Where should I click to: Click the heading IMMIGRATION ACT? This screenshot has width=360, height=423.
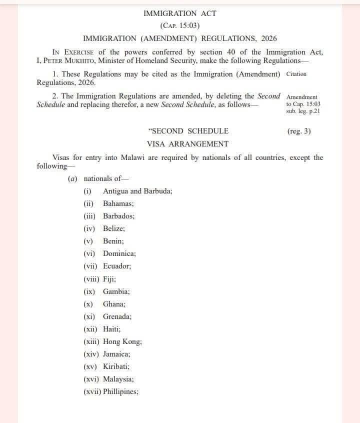[180, 13]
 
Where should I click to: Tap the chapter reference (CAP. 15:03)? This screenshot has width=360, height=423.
[180, 25]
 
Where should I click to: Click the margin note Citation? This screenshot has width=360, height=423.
[296, 74]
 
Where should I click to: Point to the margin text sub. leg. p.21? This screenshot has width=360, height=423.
[303, 111]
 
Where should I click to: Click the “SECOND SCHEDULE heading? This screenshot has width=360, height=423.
[188, 131]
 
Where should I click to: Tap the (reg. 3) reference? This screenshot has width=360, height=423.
[299, 131]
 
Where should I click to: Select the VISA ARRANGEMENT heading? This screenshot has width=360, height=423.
[187, 144]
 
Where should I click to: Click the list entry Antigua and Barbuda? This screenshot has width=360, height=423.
[137, 191]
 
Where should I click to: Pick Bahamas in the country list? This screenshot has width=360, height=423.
[118, 203]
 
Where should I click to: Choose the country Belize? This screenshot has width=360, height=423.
[114, 228]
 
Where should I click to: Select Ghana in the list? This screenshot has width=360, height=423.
[114, 304]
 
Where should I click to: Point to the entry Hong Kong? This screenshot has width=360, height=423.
[122, 342]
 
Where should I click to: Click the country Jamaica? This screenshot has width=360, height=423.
[116, 354]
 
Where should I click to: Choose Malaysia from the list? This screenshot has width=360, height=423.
[118, 379]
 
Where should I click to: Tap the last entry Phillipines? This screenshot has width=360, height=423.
[120, 392]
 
